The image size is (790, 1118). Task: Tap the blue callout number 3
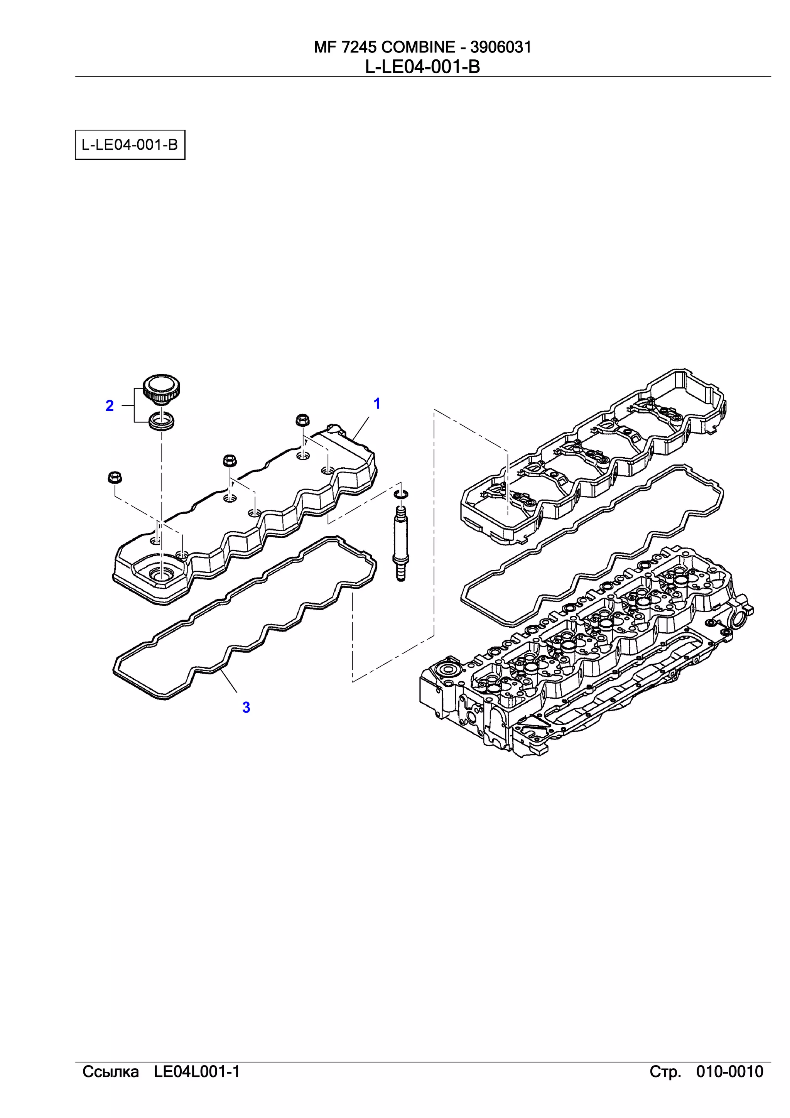coord(246,708)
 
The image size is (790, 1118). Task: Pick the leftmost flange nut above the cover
coord(115,478)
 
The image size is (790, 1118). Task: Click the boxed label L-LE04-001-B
coord(130,145)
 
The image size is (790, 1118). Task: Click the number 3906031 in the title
coord(500,47)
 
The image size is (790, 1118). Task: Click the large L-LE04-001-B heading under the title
coord(422,67)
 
